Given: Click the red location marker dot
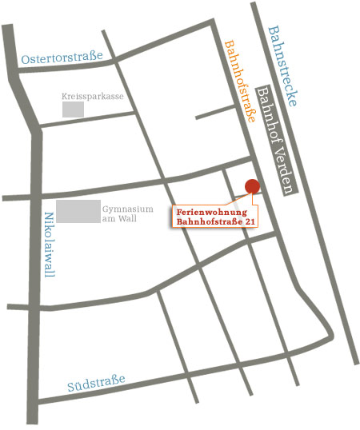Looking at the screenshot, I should (252, 186).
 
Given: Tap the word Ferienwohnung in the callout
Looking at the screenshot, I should (212, 211).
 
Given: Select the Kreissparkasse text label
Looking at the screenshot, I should (93, 95).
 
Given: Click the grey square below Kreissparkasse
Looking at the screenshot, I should (73, 109).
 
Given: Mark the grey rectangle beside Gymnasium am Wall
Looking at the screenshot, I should (78, 212).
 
